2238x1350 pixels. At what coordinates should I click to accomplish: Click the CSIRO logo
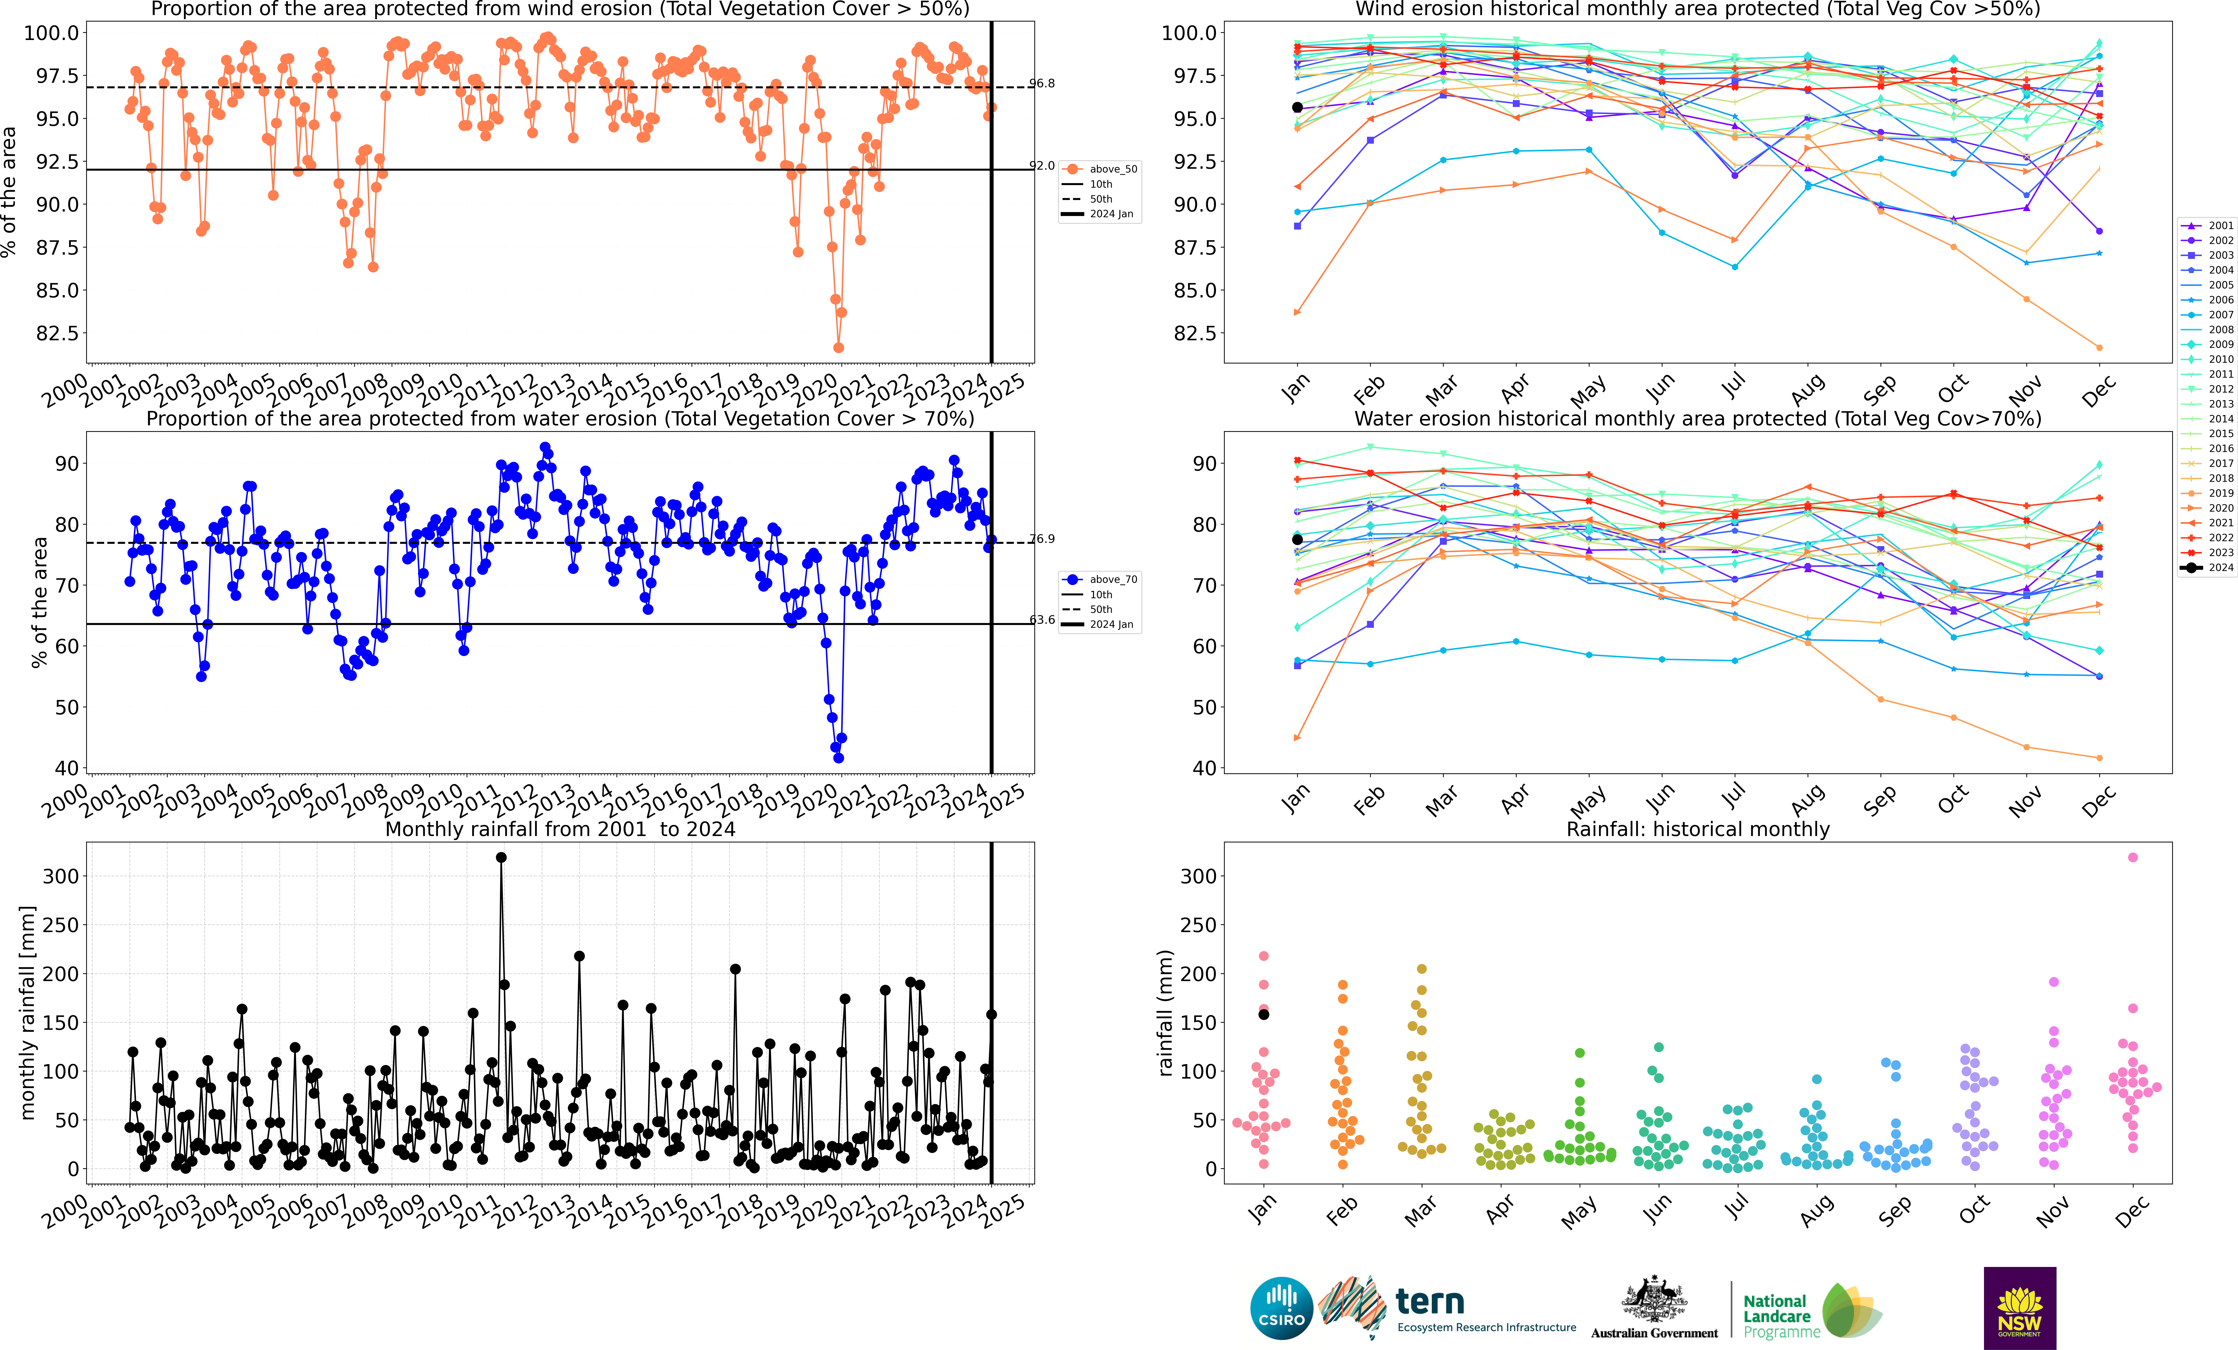pos(1281,1308)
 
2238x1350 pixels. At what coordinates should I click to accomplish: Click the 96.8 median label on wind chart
pos(1042,84)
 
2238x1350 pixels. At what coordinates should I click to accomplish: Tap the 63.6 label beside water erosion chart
pos(1042,620)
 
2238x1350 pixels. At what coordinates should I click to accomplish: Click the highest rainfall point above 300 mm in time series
pos(501,857)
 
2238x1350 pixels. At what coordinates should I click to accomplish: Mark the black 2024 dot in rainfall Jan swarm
pos(1263,1014)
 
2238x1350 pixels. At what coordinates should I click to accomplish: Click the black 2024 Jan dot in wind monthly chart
pos(1297,107)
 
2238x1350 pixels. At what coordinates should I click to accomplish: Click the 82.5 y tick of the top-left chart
pos(56,333)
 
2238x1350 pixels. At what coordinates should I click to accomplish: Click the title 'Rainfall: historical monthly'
pos(1697,829)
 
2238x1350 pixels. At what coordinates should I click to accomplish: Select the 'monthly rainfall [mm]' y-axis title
pos(27,1012)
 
